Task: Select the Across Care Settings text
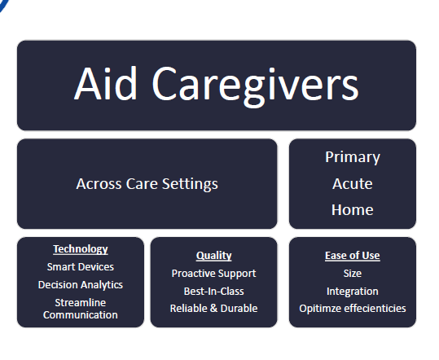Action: pos(147,183)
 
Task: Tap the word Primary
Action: pos(352,157)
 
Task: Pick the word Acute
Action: pos(352,183)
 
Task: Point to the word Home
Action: pos(352,209)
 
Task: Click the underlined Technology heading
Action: pos(80,249)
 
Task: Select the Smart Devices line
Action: pos(80,266)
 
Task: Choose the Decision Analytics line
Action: pos(80,284)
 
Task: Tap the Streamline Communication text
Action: pos(80,308)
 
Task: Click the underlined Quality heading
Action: pos(213,256)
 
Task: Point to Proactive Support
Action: pos(213,274)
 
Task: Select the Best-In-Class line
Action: pos(213,291)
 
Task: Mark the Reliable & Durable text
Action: pos(213,308)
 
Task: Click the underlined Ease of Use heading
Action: pos(352,256)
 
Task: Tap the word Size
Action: pos(352,274)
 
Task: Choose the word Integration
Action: pos(352,291)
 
